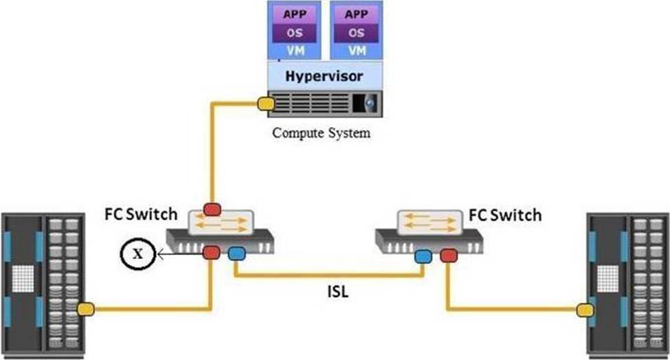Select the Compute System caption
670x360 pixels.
tap(321, 133)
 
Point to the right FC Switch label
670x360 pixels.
tap(505, 215)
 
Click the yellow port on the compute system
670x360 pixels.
tap(265, 104)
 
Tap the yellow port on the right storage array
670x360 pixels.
tap(584, 310)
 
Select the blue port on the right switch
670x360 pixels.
tap(423, 257)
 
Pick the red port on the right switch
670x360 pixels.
tap(449, 256)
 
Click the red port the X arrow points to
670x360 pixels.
tap(211, 253)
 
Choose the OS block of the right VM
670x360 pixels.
tap(356, 33)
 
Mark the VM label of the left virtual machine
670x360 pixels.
tap(295, 50)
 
